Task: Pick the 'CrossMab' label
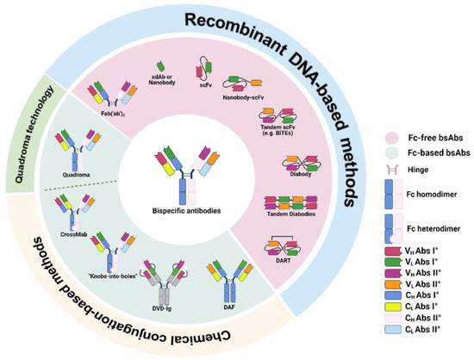75,231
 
